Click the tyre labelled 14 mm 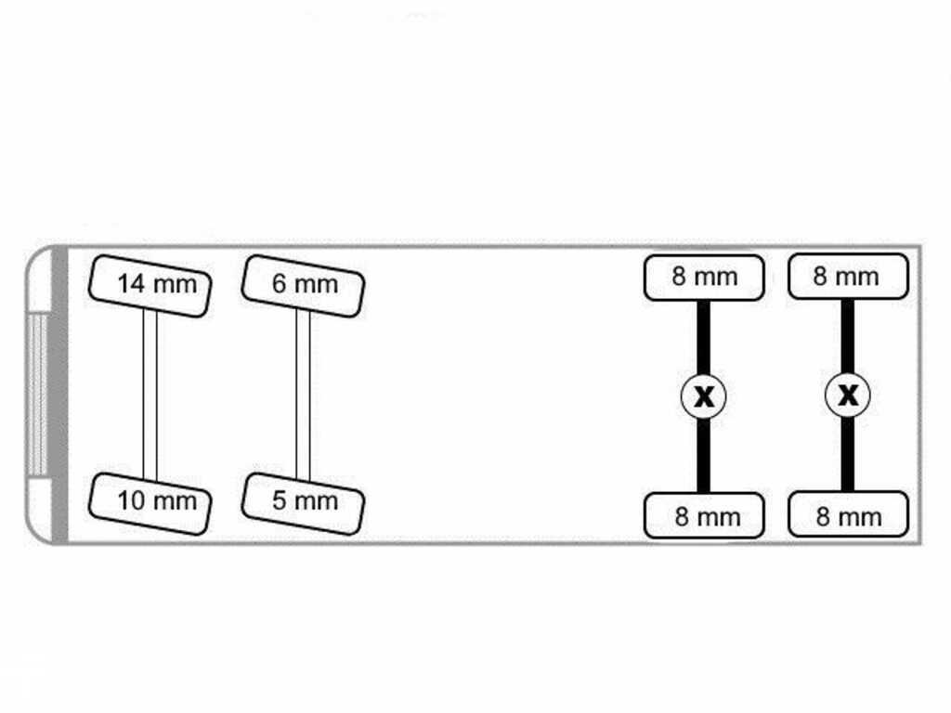coord(150,286)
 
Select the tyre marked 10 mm coord(150,504)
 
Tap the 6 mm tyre coord(303,286)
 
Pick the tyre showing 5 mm coord(303,504)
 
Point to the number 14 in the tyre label coord(131,284)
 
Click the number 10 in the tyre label coord(131,500)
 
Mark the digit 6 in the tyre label coord(279,284)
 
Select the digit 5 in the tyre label coord(279,500)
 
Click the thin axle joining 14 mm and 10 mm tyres coord(150,395)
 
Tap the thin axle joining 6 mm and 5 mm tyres coord(303,395)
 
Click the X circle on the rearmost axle coord(848,395)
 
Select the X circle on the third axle coord(704,396)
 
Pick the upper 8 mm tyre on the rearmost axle coord(848,277)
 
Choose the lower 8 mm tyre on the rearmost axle coord(848,514)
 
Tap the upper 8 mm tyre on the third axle coord(704,278)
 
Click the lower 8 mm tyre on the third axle coord(704,515)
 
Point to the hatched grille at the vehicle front coord(37,395)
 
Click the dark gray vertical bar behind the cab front coord(59,395)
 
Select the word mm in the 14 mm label coord(175,285)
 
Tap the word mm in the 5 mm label coord(316,502)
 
